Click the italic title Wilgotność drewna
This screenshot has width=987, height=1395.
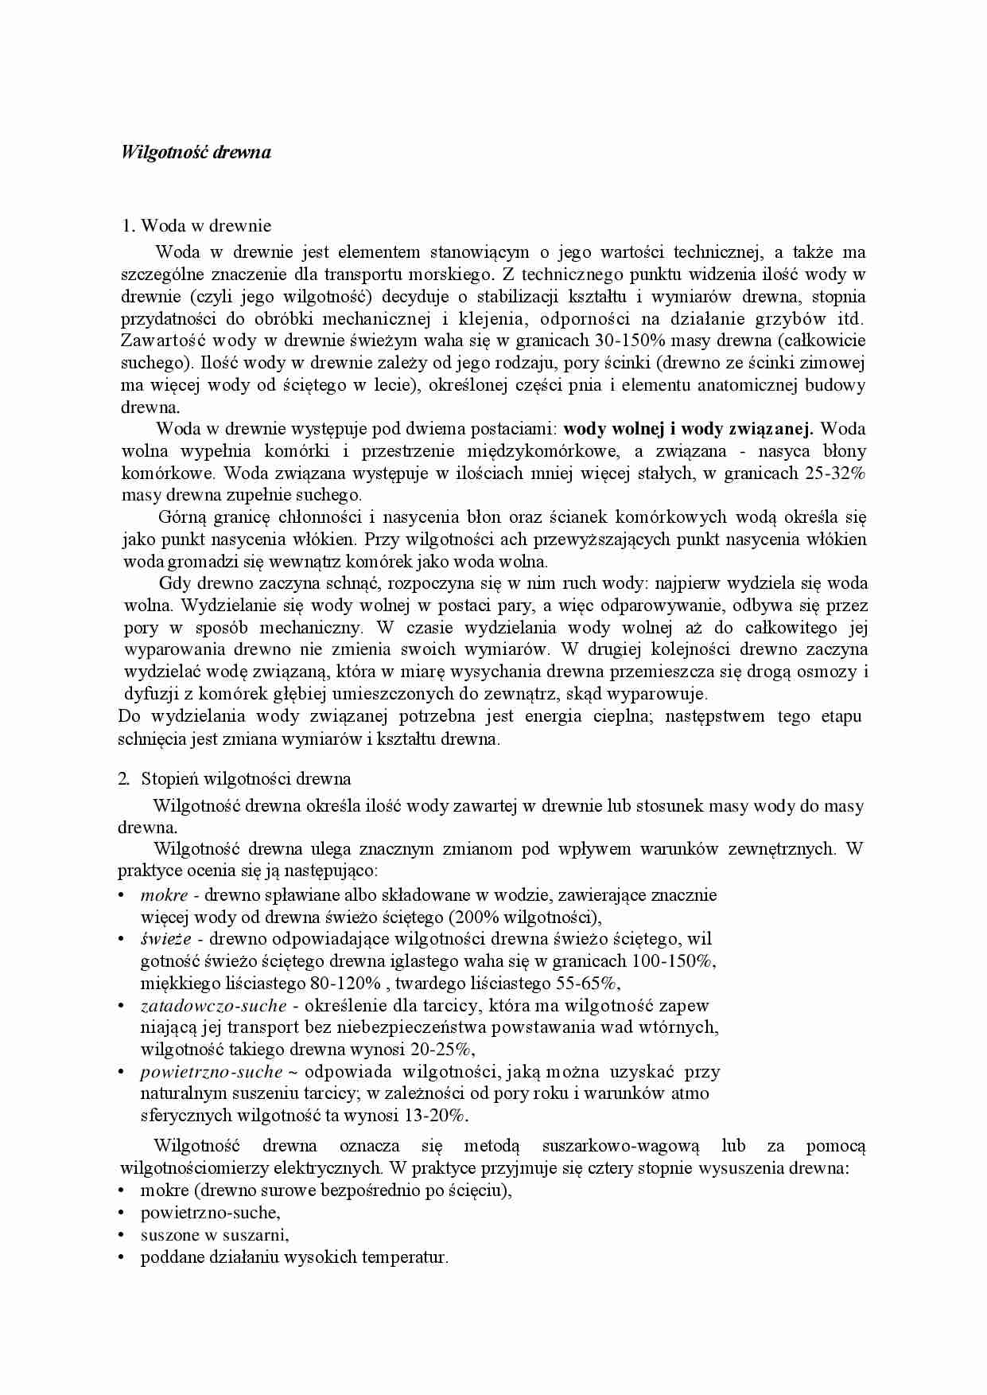click(x=196, y=152)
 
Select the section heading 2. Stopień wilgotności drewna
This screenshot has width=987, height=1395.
click(x=235, y=778)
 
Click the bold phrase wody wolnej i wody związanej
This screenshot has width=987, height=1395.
click(x=689, y=429)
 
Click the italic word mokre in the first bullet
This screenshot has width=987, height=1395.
click(x=164, y=894)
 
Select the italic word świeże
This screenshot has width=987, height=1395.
click(x=165, y=939)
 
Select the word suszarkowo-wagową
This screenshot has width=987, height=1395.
click(x=620, y=1146)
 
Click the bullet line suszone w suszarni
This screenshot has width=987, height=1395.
click(x=215, y=1235)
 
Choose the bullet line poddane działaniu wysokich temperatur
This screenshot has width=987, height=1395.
click(x=294, y=1257)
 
